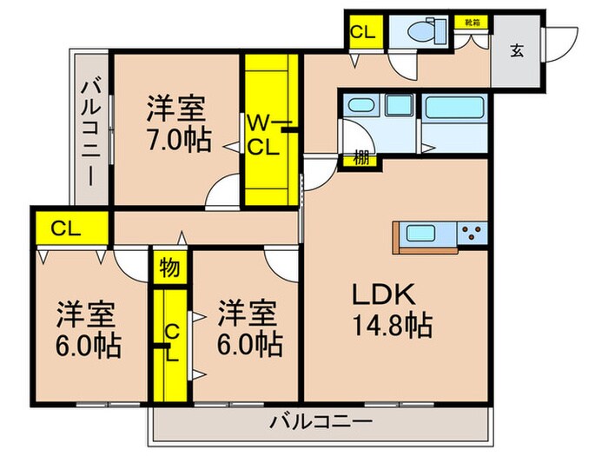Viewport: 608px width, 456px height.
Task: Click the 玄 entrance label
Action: (x=517, y=50)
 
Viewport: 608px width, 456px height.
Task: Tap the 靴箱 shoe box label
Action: (x=470, y=19)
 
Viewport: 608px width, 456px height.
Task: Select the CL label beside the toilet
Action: (x=362, y=33)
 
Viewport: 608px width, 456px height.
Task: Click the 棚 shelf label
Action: (x=359, y=158)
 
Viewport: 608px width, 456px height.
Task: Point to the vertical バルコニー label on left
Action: (x=90, y=132)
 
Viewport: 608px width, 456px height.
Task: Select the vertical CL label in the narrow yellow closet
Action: (x=171, y=342)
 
